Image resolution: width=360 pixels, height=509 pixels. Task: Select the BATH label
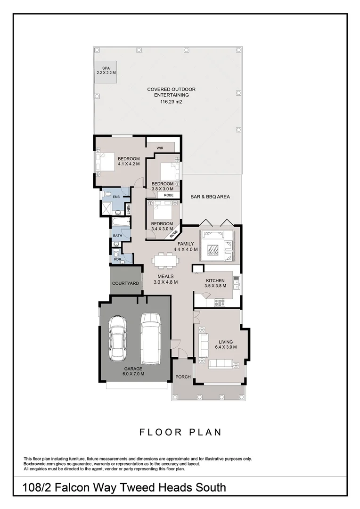[116, 235]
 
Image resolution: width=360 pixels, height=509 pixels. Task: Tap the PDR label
[116, 259]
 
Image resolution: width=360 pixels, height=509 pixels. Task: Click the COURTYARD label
[125, 283]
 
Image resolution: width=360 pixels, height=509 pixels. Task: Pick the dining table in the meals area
[165, 260]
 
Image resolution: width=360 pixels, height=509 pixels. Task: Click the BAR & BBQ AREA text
[210, 197]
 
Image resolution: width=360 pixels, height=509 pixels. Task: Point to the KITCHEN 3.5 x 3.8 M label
[215, 283]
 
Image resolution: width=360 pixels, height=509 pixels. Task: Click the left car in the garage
[117, 338]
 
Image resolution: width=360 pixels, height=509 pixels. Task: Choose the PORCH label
[182, 377]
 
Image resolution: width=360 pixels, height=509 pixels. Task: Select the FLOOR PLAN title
[180, 432]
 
